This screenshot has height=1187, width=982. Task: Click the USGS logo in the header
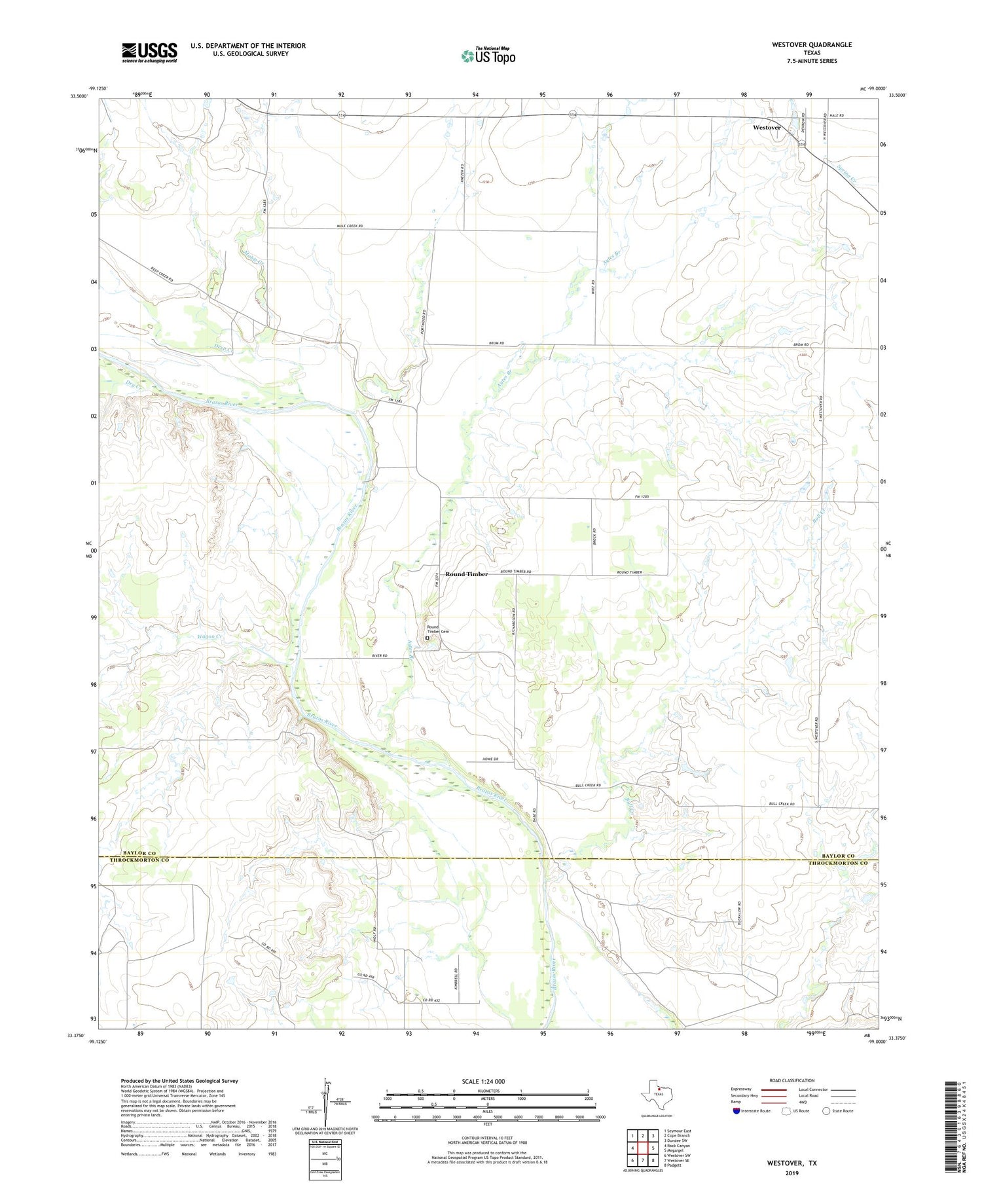click(x=149, y=52)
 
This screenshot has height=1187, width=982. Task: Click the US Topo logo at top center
click(x=488, y=56)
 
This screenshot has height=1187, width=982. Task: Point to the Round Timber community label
click(x=466, y=574)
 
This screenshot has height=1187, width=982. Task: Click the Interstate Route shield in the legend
click(x=736, y=1111)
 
